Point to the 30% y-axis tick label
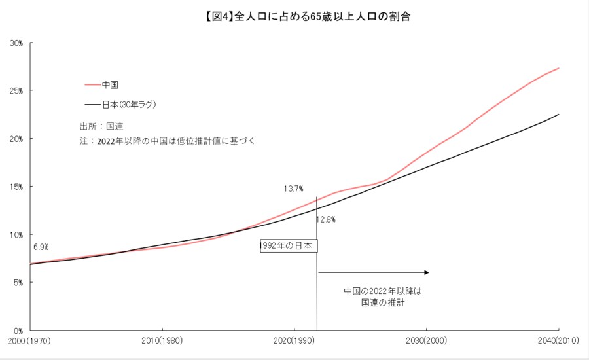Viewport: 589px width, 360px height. (16, 43)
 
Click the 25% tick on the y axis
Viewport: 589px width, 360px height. (16, 91)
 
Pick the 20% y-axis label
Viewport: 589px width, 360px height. (16, 139)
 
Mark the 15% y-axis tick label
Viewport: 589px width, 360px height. (16, 187)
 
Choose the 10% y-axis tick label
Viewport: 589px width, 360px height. (16, 234)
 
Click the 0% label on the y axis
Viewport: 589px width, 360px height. (18, 330)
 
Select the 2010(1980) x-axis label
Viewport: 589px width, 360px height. (162, 341)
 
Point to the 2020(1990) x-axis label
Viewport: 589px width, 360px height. (294, 341)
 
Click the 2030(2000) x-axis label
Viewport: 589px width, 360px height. (426, 341)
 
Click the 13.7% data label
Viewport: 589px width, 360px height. (293, 189)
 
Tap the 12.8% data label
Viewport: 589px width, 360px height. (326, 220)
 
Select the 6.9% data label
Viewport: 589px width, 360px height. (41, 247)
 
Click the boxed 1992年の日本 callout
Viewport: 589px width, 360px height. (289, 246)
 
